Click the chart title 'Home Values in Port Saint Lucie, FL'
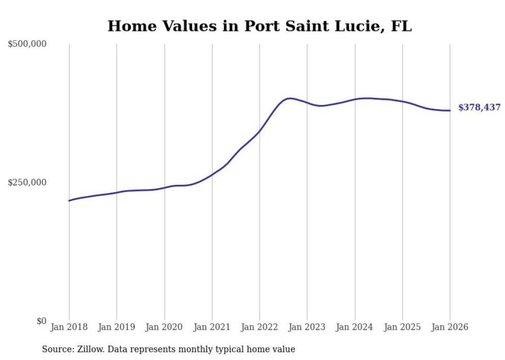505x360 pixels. tap(259, 26)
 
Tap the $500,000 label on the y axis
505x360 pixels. tap(27, 44)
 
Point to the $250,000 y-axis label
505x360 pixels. tap(27, 182)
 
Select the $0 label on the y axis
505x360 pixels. tap(41, 321)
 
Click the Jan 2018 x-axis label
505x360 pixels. tap(69, 327)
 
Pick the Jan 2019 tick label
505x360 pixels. tap(116, 327)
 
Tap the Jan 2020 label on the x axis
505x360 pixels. tap(164, 327)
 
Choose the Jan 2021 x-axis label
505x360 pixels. tap(212, 327)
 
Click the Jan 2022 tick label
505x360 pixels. tap(260, 327)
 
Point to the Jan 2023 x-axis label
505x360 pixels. tap(307, 327)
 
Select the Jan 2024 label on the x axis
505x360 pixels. tap(355, 327)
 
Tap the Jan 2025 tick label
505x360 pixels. tap(402, 327)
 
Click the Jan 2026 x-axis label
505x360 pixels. tap(450, 327)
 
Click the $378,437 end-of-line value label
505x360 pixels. tap(479, 108)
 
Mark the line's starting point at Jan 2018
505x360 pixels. tap(69, 200)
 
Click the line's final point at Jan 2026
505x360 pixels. tap(450, 110)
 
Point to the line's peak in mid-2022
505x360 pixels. tap(290, 98)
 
